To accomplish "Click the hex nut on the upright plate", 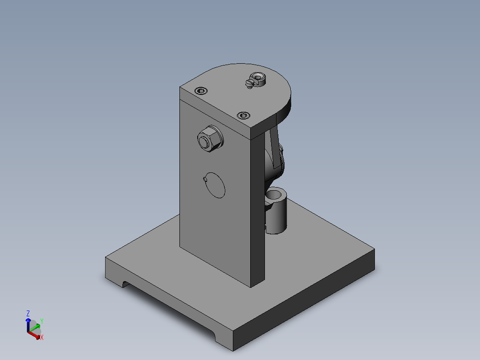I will click(x=210, y=139).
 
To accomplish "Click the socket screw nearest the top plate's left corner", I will click(x=201, y=91).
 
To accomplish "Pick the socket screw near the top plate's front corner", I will click(x=243, y=116).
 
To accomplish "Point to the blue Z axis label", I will click(x=28, y=313).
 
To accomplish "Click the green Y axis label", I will click(x=41, y=321).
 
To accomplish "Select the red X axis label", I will click(x=41, y=338).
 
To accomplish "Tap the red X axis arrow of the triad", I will click(x=35, y=335).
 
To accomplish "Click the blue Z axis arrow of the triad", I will click(x=28, y=323).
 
